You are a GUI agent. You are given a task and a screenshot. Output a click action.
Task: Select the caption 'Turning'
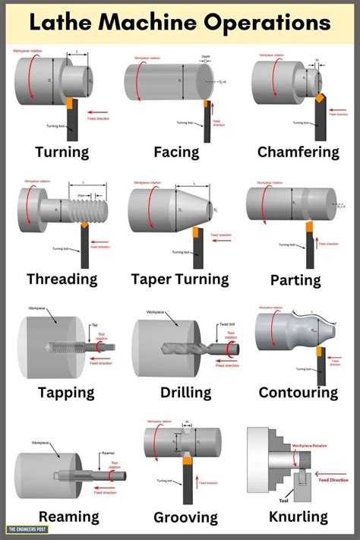62,152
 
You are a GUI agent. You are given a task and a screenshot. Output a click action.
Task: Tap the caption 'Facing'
176,152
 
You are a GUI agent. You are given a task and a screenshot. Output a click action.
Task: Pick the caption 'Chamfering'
298,152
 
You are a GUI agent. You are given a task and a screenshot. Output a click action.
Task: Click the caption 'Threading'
62,279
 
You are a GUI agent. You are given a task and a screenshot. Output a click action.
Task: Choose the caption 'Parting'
295,280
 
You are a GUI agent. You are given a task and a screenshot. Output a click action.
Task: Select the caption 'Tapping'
66,393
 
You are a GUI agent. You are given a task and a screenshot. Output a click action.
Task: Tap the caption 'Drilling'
185,393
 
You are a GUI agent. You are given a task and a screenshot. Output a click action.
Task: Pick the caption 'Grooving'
185,518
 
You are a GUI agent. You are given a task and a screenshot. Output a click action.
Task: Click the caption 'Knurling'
298,516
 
